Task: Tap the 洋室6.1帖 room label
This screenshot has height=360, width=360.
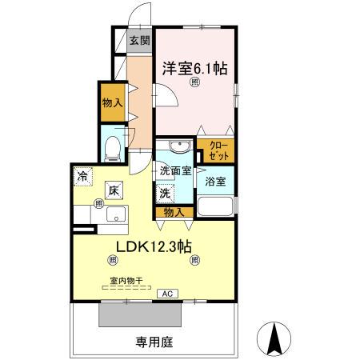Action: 195,70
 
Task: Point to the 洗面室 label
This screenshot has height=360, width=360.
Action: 174,170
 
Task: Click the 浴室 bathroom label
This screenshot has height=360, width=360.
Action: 217,182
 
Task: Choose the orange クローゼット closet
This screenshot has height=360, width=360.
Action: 218,150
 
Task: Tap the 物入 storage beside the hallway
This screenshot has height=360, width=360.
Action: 113,102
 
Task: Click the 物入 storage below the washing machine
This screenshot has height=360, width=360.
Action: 174,212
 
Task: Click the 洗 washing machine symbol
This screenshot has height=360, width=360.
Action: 165,192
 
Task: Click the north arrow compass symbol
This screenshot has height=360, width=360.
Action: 274,338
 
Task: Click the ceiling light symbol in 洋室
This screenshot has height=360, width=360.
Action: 195,90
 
